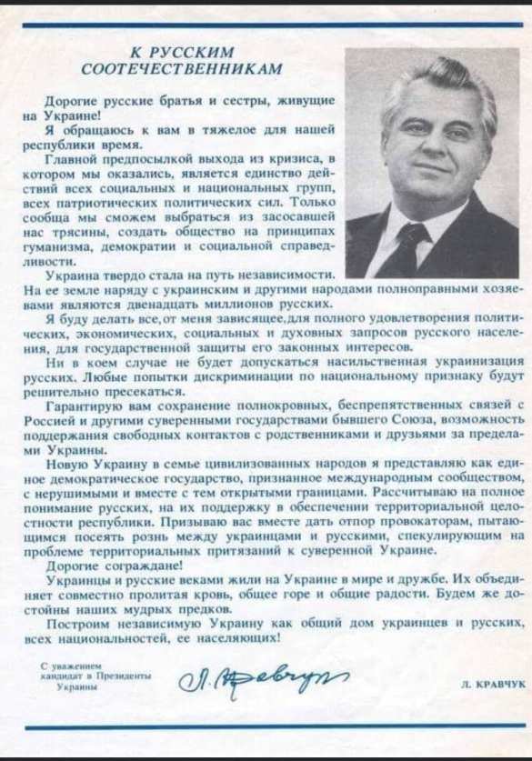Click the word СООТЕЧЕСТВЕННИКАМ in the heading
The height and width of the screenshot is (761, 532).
coord(182,68)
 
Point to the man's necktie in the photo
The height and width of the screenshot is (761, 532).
coord(409,245)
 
